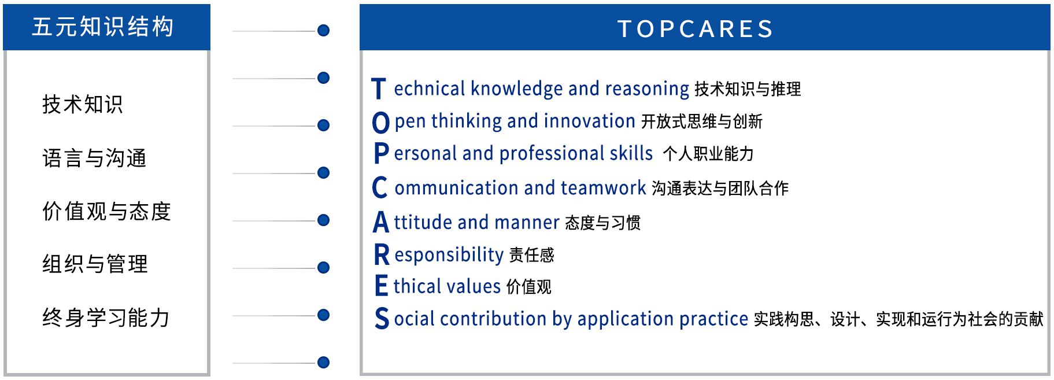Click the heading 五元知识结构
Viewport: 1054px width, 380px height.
coord(103,27)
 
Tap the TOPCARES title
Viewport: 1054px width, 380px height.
coord(696,28)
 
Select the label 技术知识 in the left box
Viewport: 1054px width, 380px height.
coord(83,105)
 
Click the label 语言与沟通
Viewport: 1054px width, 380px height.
coord(94,158)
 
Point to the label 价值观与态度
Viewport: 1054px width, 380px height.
coord(106,211)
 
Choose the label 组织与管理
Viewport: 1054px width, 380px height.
coord(95,264)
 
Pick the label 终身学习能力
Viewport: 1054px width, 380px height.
coord(106,318)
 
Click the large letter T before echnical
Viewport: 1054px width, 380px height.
coord(379,89)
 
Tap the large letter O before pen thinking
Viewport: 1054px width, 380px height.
coord(380,123)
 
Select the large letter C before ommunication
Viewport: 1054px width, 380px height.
coord(379,188)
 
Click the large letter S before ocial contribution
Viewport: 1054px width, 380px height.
coord(382,319)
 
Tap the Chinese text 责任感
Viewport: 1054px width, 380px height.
coord(531,255)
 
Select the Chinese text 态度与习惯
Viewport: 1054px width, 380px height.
coord(602,223)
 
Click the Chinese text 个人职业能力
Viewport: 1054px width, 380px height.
coord(708,154)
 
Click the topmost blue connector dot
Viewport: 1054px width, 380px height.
coord(324,31)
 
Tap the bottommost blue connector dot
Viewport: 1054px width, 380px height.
coord(324,363)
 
